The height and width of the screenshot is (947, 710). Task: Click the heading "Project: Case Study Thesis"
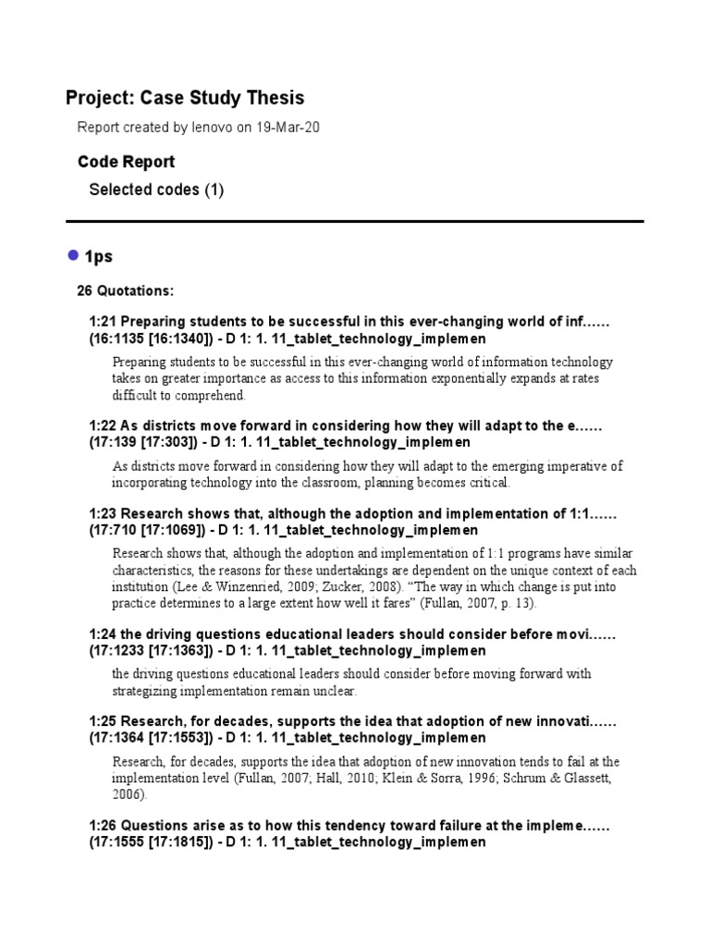click(x=185, y=98)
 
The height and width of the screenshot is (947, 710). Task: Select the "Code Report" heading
click(x=126, y=162)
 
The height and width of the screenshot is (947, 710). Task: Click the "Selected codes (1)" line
click(x=155, y=190)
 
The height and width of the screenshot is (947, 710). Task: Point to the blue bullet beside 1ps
click(x=73, y=254)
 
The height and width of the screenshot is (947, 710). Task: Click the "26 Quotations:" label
click(x=125, y=291)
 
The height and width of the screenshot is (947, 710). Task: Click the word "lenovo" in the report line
click(x=214, y=128)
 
